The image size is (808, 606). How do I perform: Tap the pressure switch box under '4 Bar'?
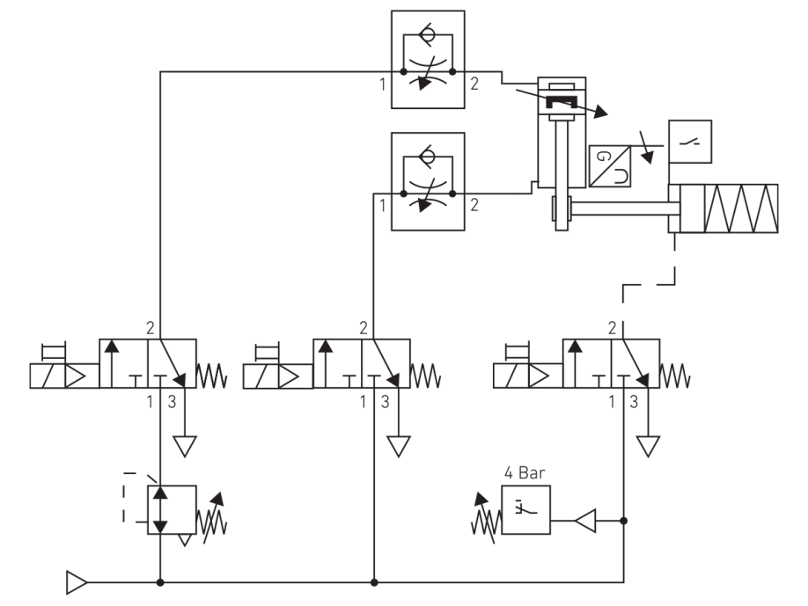pyautogui.click(x=525, y=509)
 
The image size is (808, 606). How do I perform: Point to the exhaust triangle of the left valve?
pyautogui.click(x=184, y=447)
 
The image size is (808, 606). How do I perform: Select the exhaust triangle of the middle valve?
pyautogui.click(x=400, y=447)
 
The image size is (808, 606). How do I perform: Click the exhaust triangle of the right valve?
pyautogui.click(x=650, y=447)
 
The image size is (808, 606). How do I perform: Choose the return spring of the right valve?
pyautogui.click(x=676, y=376)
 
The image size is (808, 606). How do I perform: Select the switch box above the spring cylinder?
pyautogui.click(x=690, y=142)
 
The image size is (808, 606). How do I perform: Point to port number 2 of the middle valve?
pyautogui.click(x=363, y=329)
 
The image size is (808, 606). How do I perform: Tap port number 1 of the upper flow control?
pyautogui.click(x=383, y=85)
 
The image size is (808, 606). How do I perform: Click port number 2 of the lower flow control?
pyautogui.click(x=474, y=207)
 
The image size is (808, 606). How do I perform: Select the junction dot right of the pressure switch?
pyautogui.click(x=623, y=522)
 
